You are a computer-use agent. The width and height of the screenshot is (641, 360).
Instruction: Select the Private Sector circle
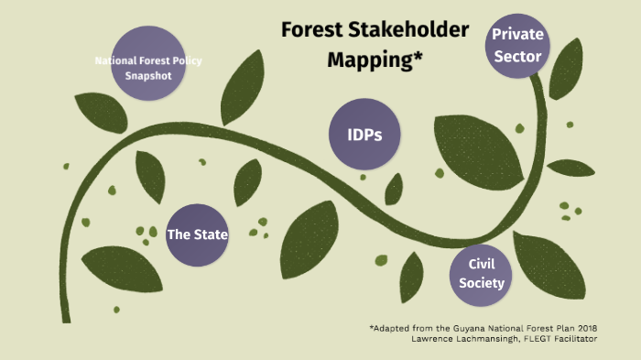pyautogui.click(x=517, y=46)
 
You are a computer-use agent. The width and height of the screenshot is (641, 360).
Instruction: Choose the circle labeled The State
pyautogui.click(x=197, y=235)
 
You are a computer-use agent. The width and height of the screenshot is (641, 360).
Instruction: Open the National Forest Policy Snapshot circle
pyautogui.click(x=148, y=68)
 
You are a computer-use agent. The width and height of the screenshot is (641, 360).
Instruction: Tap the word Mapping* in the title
pyautogui.click(x=375, y=60)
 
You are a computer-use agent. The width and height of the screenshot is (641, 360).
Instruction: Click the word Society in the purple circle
pyautogui.click(x=482, y=283)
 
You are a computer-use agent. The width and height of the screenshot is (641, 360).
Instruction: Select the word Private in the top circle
pyautogui.click(x=518, y=35)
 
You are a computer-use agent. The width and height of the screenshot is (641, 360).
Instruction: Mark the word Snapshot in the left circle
pyautogui.click(x=148, y=75)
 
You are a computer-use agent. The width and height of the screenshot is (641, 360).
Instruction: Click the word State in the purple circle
pyautogui.click(x=210, y=235)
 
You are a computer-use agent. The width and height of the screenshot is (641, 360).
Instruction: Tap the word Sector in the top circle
pyautogui.click(x=517, y=57)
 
